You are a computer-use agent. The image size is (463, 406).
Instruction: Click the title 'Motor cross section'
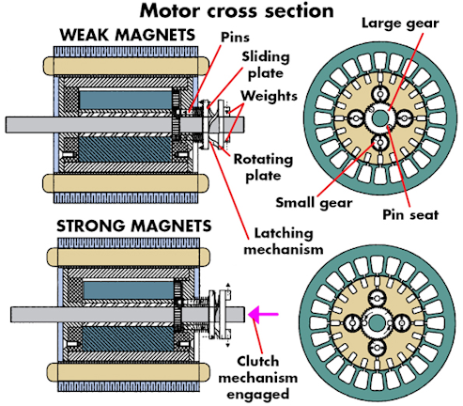(x=237, y=11)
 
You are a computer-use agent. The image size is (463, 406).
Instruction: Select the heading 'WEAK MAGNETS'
(x=128, y=35)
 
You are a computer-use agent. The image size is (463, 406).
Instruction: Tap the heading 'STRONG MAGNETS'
(x=134, y=226)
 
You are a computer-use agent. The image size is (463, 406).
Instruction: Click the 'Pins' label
(x=235, y=38)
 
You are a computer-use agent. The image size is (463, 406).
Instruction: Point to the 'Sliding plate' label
(x=266, y=65)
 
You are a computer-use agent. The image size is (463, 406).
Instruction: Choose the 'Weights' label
(x=269, y=96)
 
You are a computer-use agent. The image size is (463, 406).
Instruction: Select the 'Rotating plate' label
(x=263, y=167)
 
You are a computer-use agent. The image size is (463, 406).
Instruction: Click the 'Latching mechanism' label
(x=284, y=242)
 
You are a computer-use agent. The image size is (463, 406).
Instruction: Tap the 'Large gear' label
(x=400, y=23)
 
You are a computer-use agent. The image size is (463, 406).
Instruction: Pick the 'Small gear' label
(x=314, y=203)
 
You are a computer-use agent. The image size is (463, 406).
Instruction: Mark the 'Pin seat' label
(x=410, y=215)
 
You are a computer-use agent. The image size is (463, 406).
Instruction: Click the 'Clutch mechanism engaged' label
(x=257, y=378)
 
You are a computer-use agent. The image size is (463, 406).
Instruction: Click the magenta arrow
(x=263, y=314)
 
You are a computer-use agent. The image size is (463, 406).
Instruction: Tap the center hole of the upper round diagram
(x=379, y=118)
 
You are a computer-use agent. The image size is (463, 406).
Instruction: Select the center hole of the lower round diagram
(x=377, y=323)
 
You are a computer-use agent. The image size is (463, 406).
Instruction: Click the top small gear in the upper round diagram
(x=380, y=94)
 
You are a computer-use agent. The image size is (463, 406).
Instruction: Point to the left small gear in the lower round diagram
(x=352, y=323)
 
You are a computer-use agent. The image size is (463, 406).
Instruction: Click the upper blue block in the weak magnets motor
(x=126, y=100)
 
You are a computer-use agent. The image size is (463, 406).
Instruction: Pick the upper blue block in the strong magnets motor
(x=129, y=290)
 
